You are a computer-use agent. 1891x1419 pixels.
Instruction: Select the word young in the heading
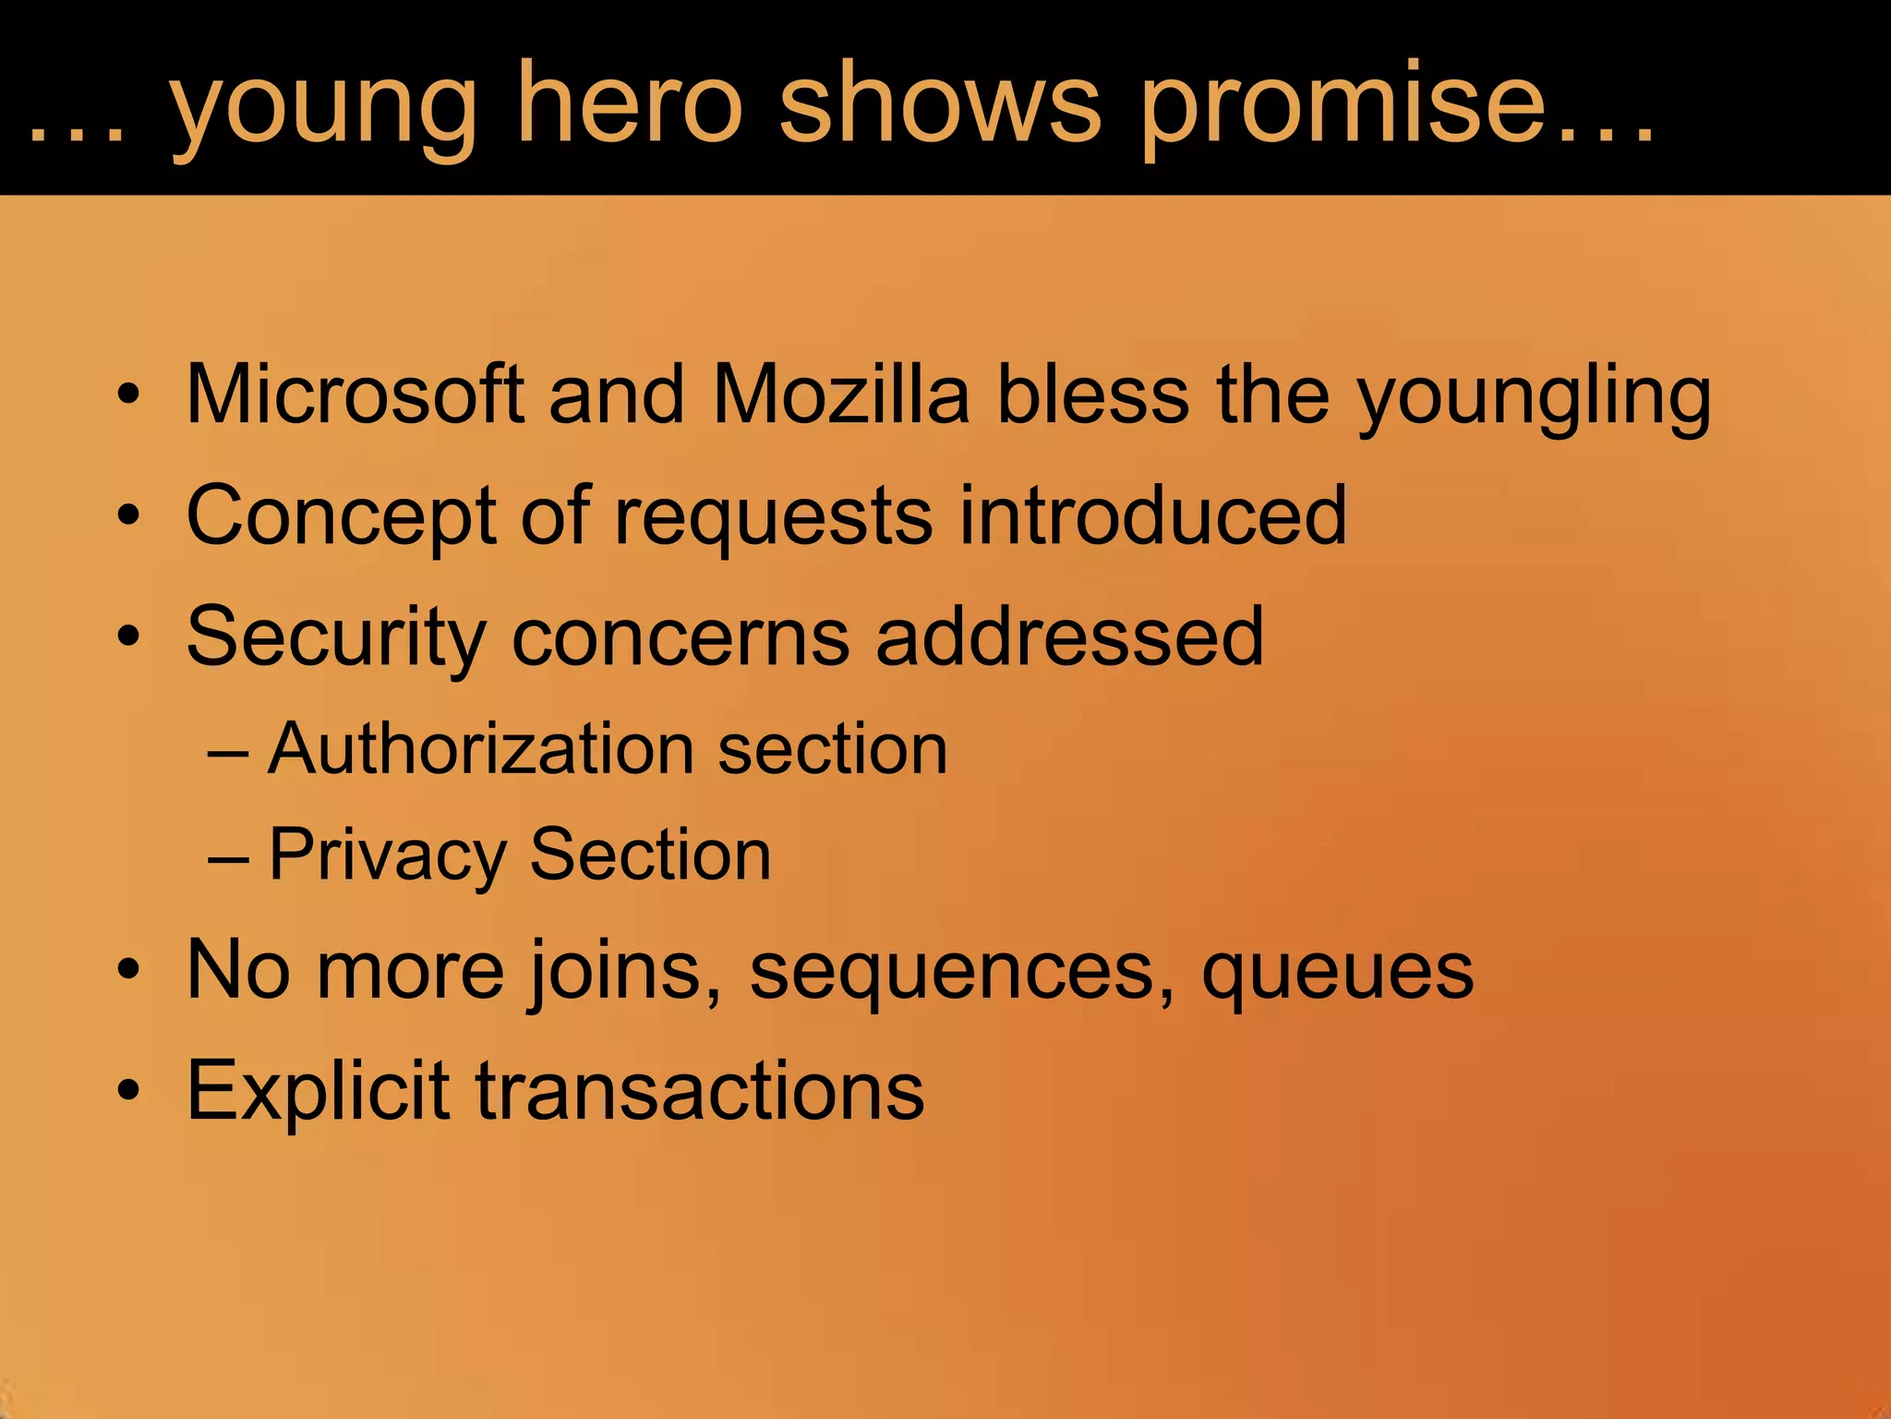323,109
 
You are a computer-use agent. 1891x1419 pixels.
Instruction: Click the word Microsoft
355,394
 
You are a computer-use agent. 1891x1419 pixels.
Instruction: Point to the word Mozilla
841,394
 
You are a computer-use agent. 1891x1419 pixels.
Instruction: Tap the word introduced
1153,515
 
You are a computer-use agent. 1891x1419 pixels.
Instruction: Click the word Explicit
319,1090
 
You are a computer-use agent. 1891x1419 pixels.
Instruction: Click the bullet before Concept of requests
128,516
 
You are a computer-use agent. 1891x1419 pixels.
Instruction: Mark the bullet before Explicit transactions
128,1091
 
